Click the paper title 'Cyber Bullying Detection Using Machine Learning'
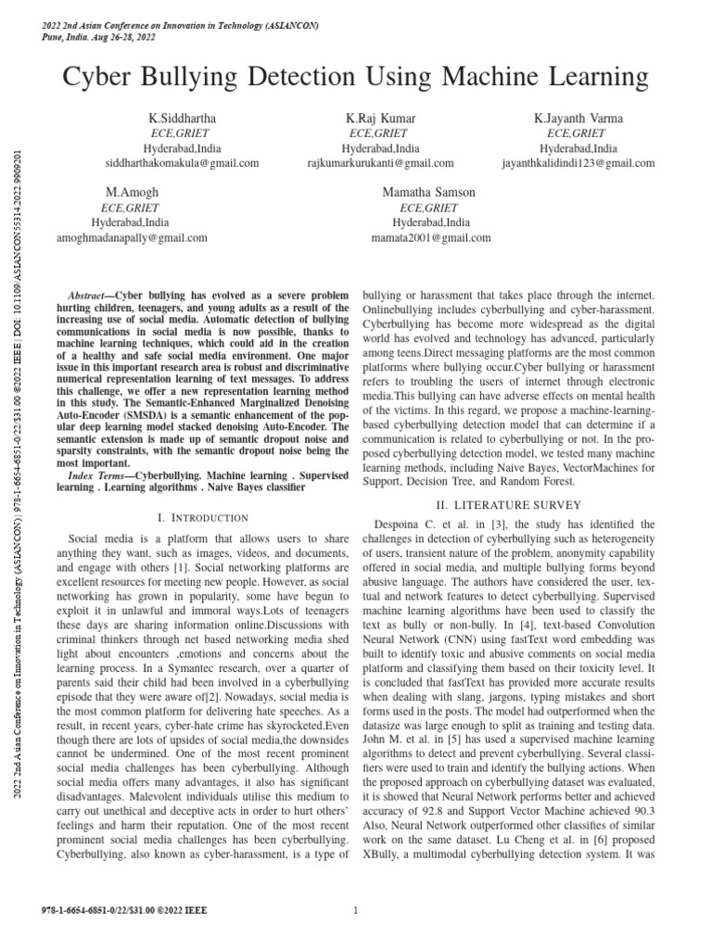[356, 77]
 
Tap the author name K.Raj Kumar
[380, 119]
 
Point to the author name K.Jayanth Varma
[578, 119]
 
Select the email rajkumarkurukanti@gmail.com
[380, 163]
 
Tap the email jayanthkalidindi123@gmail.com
[578, 163]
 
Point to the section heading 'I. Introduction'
[202, 517]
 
